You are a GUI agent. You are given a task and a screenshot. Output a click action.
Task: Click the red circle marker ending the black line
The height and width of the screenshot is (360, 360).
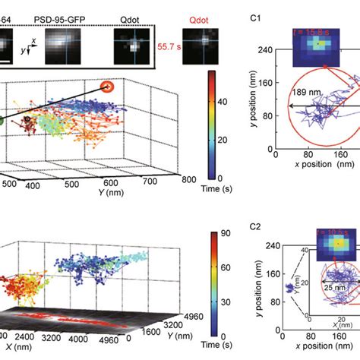[109, 87]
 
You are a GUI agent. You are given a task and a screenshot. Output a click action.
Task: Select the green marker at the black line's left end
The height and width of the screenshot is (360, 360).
[2, 119]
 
